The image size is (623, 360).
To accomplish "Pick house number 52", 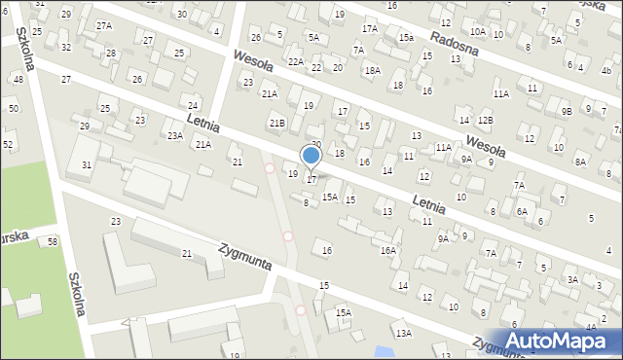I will [x=8, y=144].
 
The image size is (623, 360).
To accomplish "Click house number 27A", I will [x=104, y=26].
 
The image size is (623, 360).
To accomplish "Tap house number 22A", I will [x=296, y=61].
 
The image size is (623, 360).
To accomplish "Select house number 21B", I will [x=277, y=123].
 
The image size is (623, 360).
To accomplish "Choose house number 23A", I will [x=174, y=136].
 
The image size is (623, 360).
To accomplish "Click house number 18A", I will [x=372, y=71].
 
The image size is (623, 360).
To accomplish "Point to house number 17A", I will [x=370, y=29].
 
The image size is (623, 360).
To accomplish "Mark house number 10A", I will [x=477, y=33].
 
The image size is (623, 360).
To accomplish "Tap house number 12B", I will [x=485, y=120].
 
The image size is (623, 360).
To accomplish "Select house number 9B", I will [x=567, y=111].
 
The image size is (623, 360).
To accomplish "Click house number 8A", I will [x=580, y=162].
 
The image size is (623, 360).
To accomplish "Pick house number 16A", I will [x=388, y=250].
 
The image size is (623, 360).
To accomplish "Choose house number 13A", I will [x=403, y=334].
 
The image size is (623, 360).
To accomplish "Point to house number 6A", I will [x=522, y=211].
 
